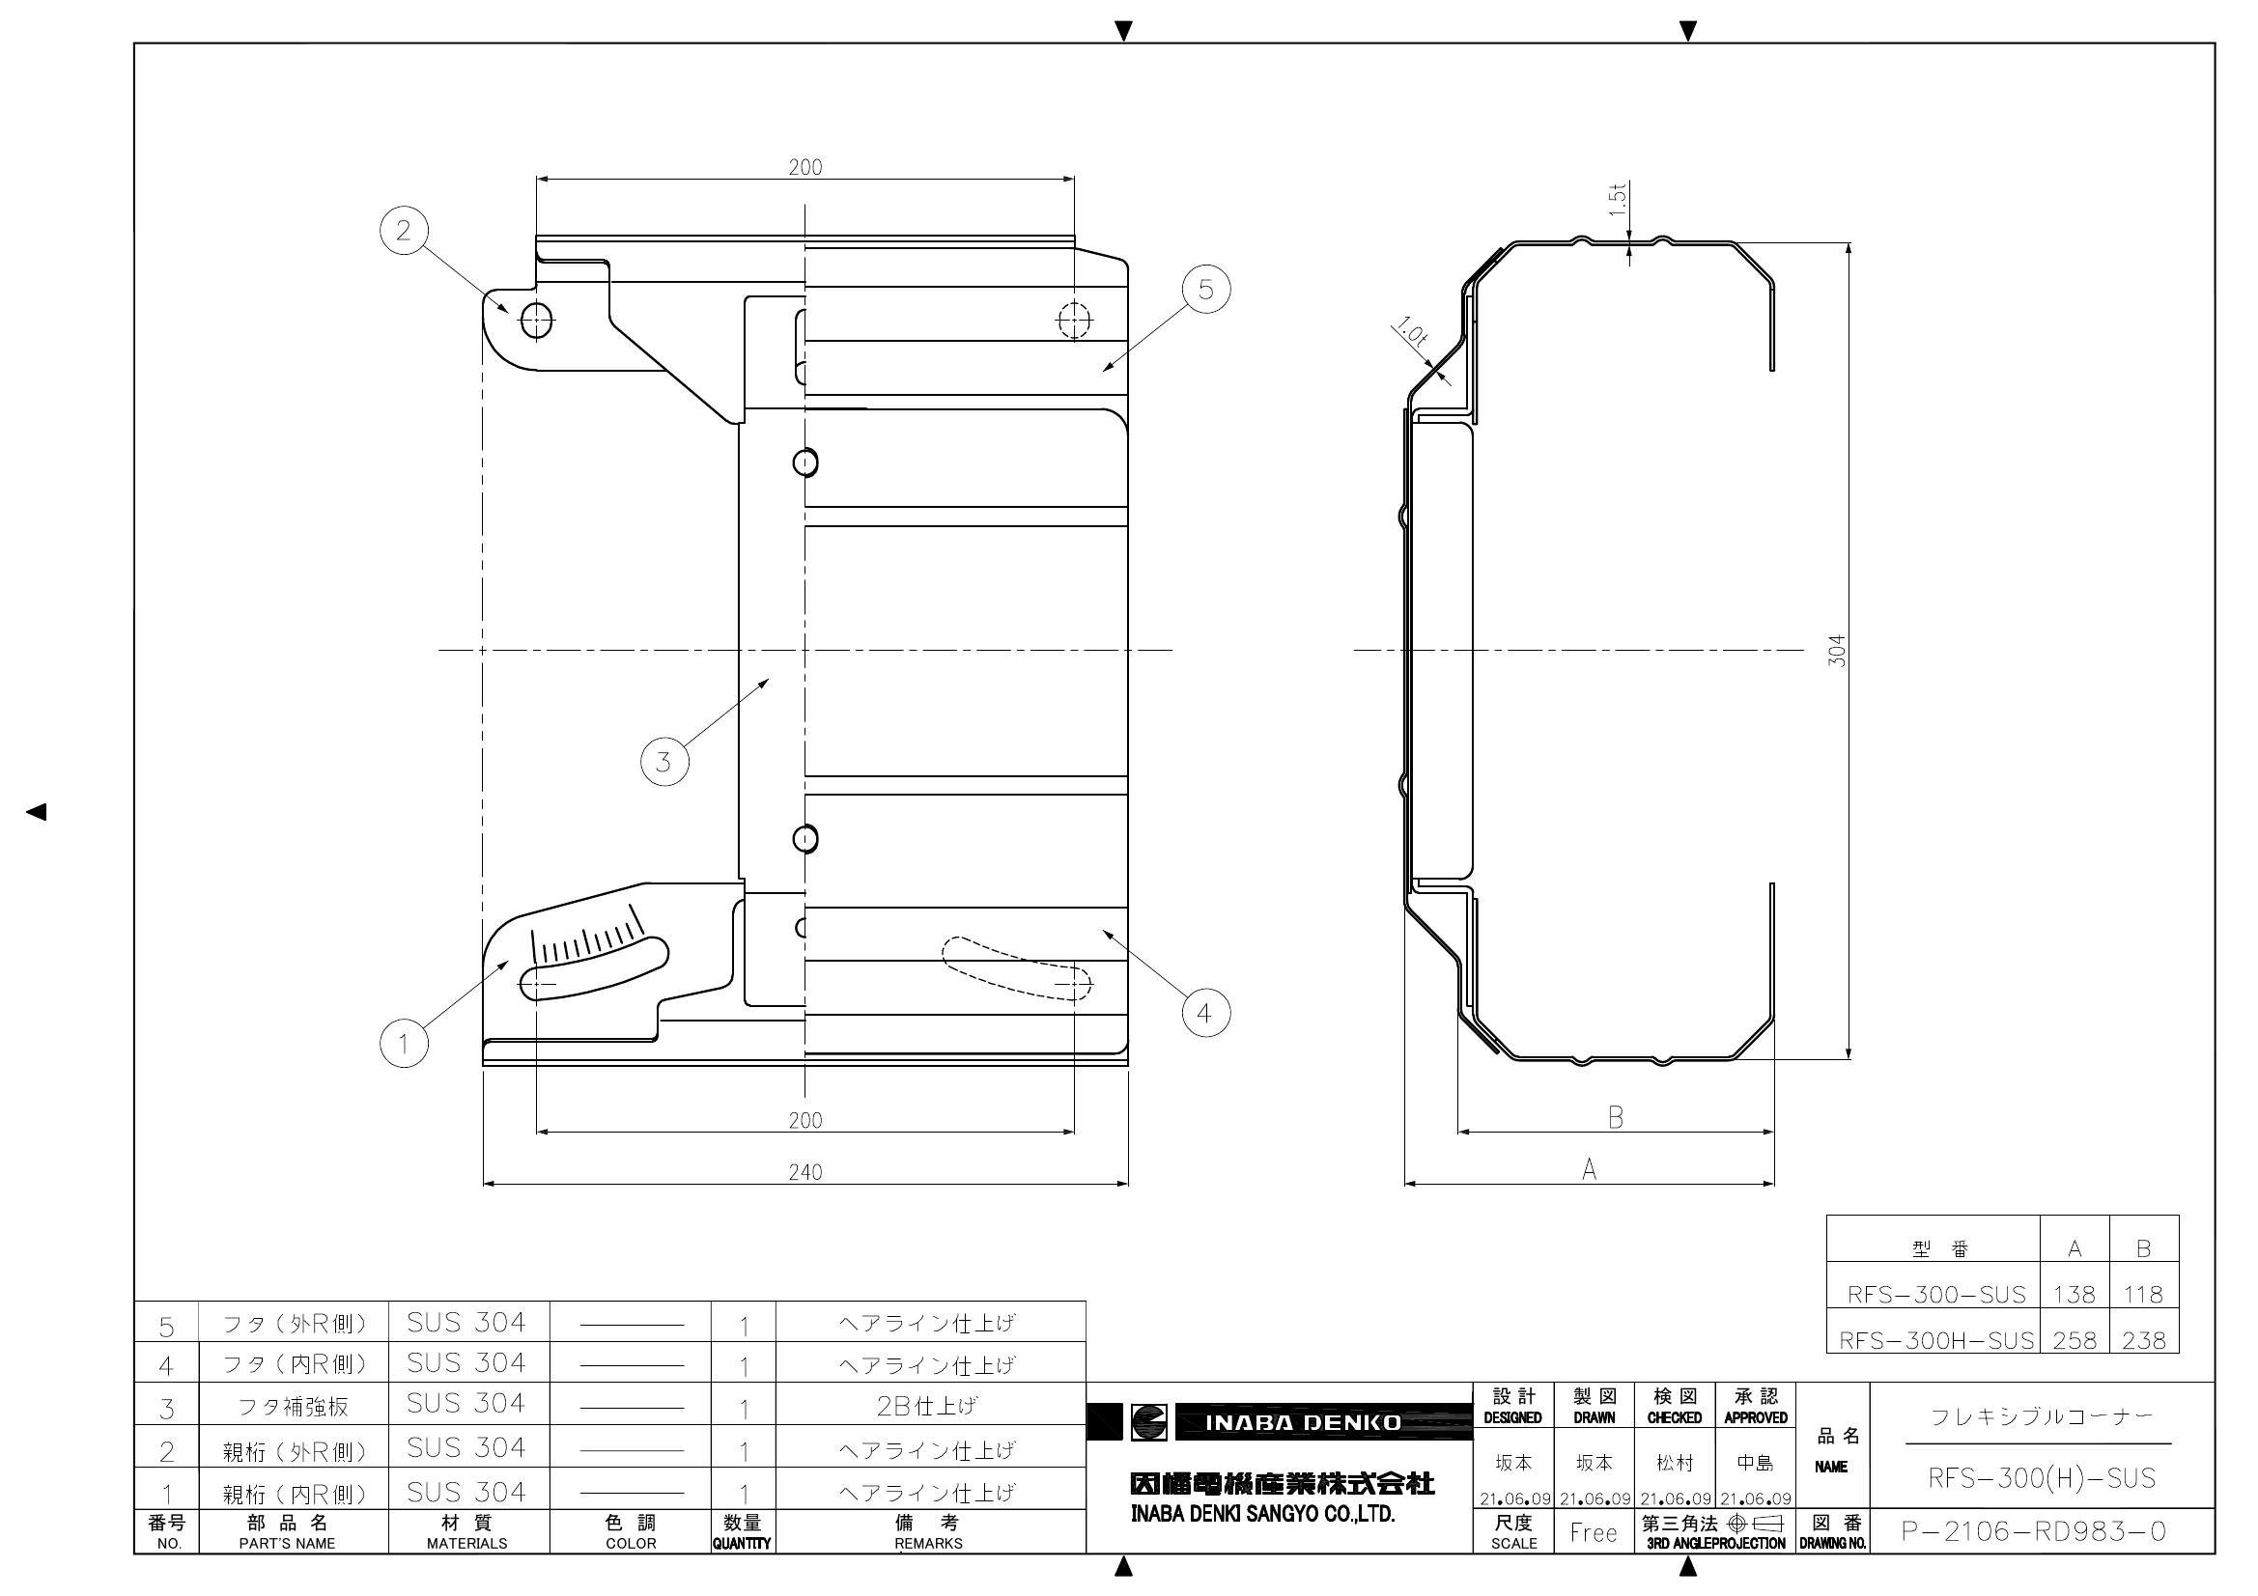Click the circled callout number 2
404,231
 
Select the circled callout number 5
1205,289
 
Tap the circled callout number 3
663,761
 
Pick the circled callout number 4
1204,1013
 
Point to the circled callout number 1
404,1044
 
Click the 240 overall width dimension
805,1172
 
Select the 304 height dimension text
1837,651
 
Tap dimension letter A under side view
1590,1169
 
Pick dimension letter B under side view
1616,1118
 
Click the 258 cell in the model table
2075,1340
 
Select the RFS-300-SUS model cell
1935,1294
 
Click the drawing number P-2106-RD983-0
2034,1532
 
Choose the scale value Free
1594,1532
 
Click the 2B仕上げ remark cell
927,1406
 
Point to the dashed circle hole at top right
1074,320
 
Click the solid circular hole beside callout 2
536,320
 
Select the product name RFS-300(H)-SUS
2042,1478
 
